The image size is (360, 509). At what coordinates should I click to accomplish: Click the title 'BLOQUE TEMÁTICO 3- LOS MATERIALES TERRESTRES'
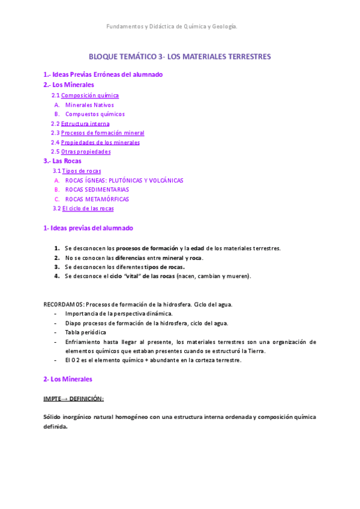[x=179, y=56]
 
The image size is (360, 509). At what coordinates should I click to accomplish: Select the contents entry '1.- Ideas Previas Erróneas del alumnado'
[x=103, y=74]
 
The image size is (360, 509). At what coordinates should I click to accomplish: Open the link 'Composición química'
[x=90, y=95]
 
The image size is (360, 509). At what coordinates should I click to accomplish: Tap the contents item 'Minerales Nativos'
[x=89, y=105]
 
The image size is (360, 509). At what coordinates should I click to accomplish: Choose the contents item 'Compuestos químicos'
[x=95, y=114]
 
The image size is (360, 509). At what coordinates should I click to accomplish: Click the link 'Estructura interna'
[x=85, y=124]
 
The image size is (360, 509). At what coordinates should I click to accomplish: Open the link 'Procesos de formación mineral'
[x=103, y=133]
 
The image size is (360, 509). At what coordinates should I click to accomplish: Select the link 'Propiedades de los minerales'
[x=100, y=142]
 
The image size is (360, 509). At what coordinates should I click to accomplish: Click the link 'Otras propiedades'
[x=86, y=152]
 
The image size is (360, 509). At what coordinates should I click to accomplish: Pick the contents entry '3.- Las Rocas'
[x=62, y=161]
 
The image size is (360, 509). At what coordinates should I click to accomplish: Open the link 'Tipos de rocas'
[x=82, y=171]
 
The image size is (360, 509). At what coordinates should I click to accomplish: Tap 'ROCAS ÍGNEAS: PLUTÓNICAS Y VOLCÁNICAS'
[x=124, y=180]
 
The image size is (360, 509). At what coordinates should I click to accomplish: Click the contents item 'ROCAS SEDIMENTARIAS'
[x=97, y=190]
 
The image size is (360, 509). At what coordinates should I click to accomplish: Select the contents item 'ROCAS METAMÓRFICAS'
[x=97, y=199]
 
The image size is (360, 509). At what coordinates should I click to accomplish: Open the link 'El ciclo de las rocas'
[x=88, y=208]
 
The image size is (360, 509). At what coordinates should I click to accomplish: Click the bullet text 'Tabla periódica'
[x=85, y=332]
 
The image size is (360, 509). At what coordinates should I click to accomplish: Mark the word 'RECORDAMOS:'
[x=63, y=304]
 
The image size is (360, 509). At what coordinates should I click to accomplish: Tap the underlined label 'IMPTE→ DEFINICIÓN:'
[x=73, y=399]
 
